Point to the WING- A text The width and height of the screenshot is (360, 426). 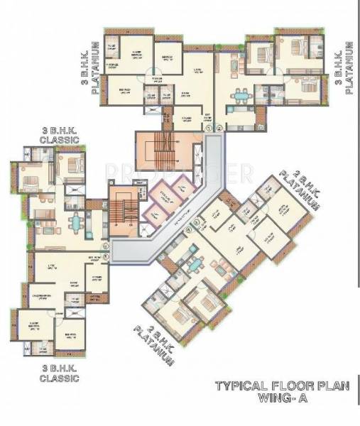coord(286,400)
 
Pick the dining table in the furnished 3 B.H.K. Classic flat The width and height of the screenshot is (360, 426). coord(75,222)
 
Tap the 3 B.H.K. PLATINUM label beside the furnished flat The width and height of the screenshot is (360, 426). coord(348,68)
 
